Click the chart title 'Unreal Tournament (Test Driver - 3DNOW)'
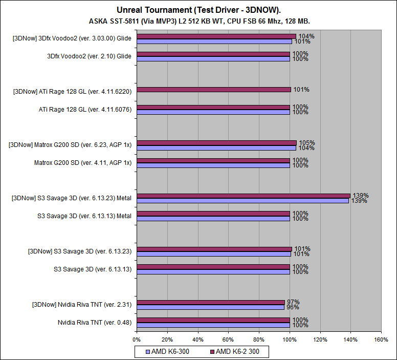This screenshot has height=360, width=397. tap(199, 10)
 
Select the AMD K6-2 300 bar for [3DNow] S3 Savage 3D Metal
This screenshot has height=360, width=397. tap(243, 196)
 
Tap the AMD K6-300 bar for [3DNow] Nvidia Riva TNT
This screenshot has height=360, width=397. tap(210, 307)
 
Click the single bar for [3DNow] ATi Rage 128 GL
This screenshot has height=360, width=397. tap(214, 90)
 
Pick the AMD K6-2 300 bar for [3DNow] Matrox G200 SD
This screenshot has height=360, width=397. tap(216, 143)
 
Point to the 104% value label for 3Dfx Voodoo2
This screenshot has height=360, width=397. tap(307, 36)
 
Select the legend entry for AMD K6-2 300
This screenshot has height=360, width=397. tap(237, 351)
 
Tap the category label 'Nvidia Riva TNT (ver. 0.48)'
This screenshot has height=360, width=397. tap(95, 323)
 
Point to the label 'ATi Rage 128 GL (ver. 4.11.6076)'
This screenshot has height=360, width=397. tap(85, 110)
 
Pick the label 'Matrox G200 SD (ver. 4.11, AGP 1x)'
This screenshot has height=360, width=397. tap(83, 163)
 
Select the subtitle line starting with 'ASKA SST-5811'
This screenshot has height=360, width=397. tap(199, 21)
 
